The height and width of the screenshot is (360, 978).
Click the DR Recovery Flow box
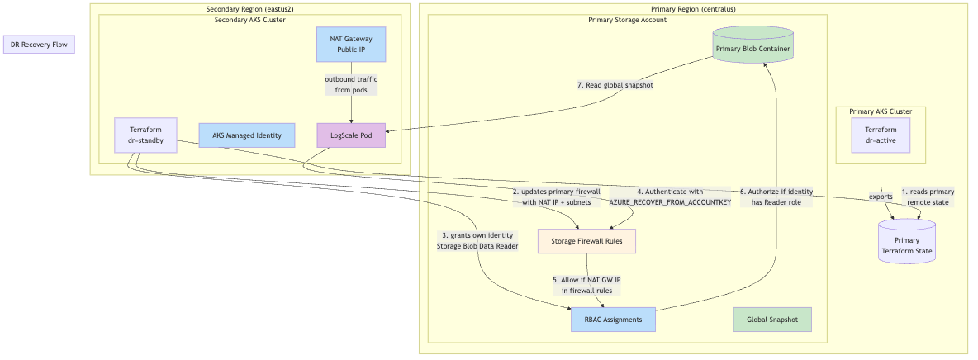click(39, 45)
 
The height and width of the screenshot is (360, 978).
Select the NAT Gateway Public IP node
click(351, 44)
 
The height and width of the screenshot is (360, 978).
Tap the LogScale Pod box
click(351, 135)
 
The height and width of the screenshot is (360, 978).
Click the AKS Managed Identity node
click(246, 135)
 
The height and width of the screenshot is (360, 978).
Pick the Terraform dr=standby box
click(145, 135)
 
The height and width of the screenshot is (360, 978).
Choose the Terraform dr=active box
click(881, 135)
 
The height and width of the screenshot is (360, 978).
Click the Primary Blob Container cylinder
click(752, 49)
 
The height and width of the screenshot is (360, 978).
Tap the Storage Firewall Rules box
click(586, 241)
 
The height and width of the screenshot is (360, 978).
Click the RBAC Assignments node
click(613, 320)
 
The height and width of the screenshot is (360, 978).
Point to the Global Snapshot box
click(772, 320)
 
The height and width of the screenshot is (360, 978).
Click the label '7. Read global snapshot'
click(615, 85)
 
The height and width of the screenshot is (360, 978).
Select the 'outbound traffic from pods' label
click(351, 84)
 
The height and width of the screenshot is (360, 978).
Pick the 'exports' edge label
click(881, 197)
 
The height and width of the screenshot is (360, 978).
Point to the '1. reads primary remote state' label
click(927, 197)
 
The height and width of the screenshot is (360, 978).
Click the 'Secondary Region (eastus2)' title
click(249, 9)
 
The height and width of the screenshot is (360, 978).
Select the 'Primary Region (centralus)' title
click(693, 9)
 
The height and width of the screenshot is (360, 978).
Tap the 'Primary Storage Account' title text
click(627, 20)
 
